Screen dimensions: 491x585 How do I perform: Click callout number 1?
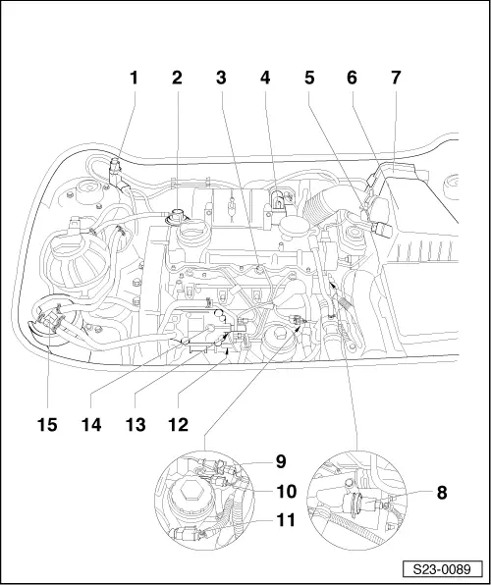pos(134,78)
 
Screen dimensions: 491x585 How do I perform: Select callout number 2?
pos(177,78)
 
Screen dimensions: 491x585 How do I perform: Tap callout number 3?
pos(221,78)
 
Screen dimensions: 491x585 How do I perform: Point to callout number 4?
pos(265,78)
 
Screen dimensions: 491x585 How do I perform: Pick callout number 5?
pos(309,78)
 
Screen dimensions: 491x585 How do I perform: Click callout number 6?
pos(352,78)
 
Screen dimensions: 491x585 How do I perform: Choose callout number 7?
pos(396,78)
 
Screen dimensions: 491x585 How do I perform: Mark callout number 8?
pos(442,493)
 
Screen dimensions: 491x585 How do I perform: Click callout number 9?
pos(281,461)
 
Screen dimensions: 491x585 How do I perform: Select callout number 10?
pos(287,492)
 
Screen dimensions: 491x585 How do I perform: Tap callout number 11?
pos(286,519)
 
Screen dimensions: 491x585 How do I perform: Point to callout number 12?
pos(179,425)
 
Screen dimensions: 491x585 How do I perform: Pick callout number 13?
pos(136,425)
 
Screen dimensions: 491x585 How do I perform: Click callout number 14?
pos(91,425)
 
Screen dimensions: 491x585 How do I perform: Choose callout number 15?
pos(47,425)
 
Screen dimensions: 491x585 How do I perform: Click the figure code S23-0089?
pos(443,569)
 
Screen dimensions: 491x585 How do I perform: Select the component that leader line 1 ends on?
pos(118,176)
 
